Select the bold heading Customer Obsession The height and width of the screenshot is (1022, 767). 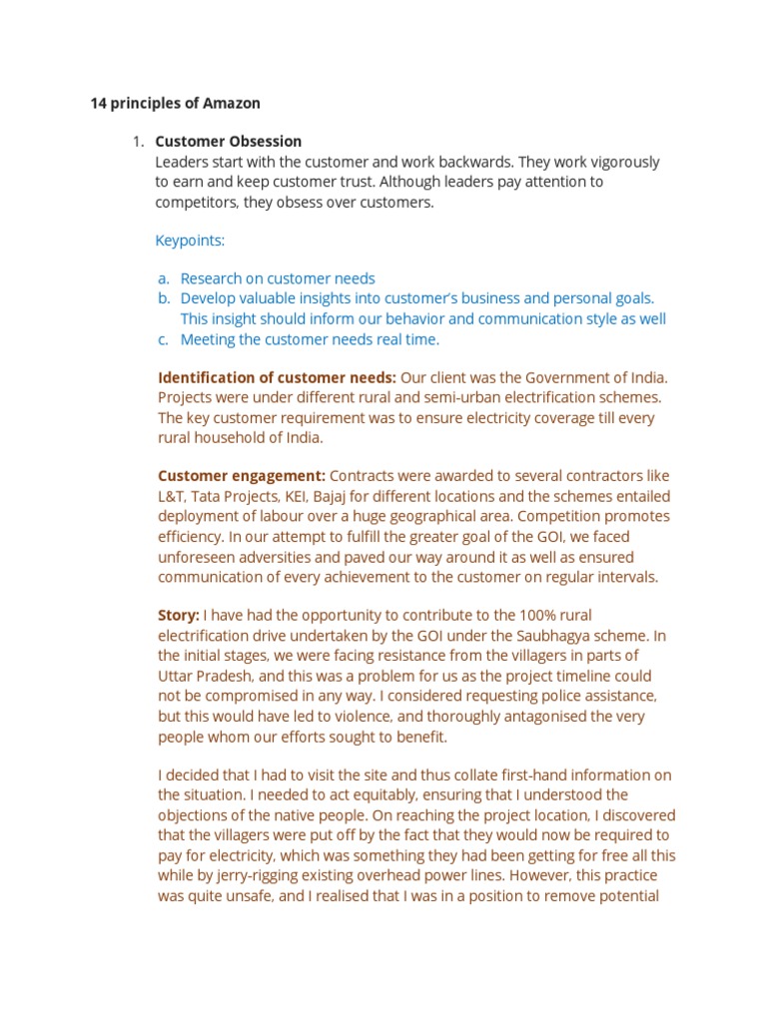(229, 142)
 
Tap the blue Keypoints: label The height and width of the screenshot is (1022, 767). (191, 241)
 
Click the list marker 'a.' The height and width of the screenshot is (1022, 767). (163, 278)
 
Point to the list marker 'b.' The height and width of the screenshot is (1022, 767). (163, 298)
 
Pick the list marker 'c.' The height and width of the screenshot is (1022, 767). (163, 339)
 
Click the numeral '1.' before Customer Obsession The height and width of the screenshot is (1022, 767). (139, 142)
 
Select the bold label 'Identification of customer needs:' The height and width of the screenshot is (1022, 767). (277, 377)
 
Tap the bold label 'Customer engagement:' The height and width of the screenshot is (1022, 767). (242, 475)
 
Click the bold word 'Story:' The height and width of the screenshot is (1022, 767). (179, 615)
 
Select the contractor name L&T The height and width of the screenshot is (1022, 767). (172, 496)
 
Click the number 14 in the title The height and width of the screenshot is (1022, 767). (99, 103)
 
